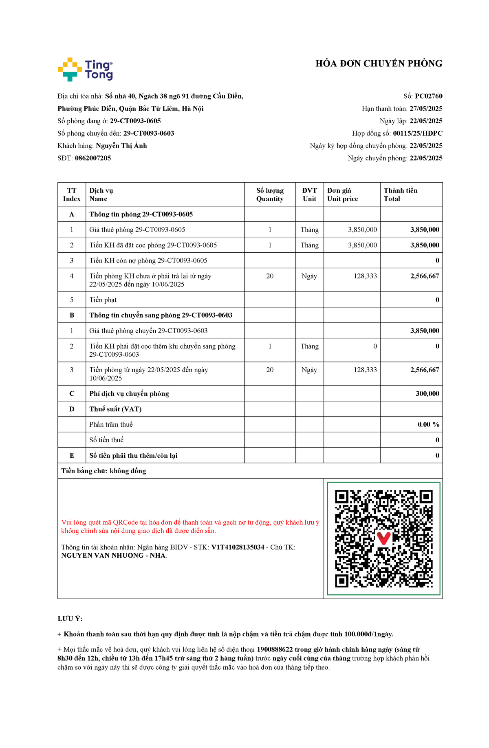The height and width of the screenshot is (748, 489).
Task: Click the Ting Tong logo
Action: (85, 69)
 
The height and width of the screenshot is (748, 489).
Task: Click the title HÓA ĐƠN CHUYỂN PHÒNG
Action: (379, 64)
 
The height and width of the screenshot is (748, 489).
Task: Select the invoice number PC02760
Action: (428, 96)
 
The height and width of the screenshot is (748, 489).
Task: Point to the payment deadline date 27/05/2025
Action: (426, 108)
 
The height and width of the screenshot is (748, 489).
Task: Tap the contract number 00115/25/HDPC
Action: (417, 133)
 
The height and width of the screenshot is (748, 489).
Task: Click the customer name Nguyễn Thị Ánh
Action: (121, 146)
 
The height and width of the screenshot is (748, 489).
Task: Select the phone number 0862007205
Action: (93, 158)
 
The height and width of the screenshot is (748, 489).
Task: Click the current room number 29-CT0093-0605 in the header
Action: (135, 121)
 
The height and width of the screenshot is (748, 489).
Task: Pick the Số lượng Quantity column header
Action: (270, 194)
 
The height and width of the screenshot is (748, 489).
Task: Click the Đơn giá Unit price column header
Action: (342, 194)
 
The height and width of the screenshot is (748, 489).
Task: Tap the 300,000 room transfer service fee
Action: (427, 394)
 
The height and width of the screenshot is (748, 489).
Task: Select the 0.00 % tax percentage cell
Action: (428, 425)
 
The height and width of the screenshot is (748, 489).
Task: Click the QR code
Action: (383, 538)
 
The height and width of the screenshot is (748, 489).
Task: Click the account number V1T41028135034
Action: (238, 547)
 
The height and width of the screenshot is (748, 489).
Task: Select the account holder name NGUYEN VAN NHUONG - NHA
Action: (113, 556)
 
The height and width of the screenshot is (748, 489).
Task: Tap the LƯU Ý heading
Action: (70, 619)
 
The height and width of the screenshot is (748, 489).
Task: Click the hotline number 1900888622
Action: (275, 649)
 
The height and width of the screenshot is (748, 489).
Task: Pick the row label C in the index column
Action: (72, 394)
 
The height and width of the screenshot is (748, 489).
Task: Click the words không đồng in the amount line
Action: (128, 471)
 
